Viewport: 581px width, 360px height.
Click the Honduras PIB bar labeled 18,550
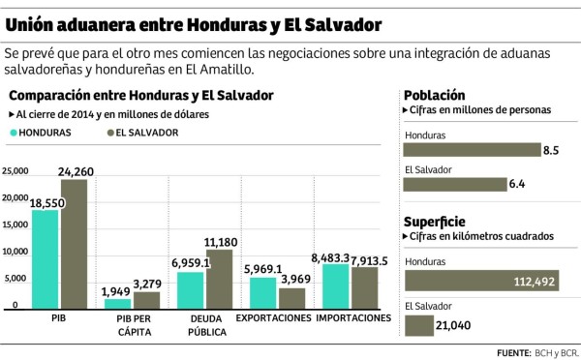click(x=45, y=257)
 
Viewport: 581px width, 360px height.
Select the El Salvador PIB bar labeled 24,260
click(x=74, y=242)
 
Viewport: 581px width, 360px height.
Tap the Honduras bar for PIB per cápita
click(x=118, y=302)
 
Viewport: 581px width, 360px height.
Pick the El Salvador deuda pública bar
click(x=219, y=278)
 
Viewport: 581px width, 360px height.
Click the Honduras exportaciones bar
click(x=262, y=291)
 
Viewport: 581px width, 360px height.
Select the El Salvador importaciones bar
click(x=364, y=286)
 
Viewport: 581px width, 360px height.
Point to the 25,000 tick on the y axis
click(x=16, y=172)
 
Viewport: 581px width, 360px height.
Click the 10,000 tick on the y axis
click(x=16, y=253)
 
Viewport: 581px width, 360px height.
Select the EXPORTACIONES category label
click(x=275, y=317)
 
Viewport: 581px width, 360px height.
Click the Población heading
click(x=435, y=95)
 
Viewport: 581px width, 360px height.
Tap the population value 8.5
click(x=552, y=150)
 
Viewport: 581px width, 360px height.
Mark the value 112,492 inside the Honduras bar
click(x=534, y=282)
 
